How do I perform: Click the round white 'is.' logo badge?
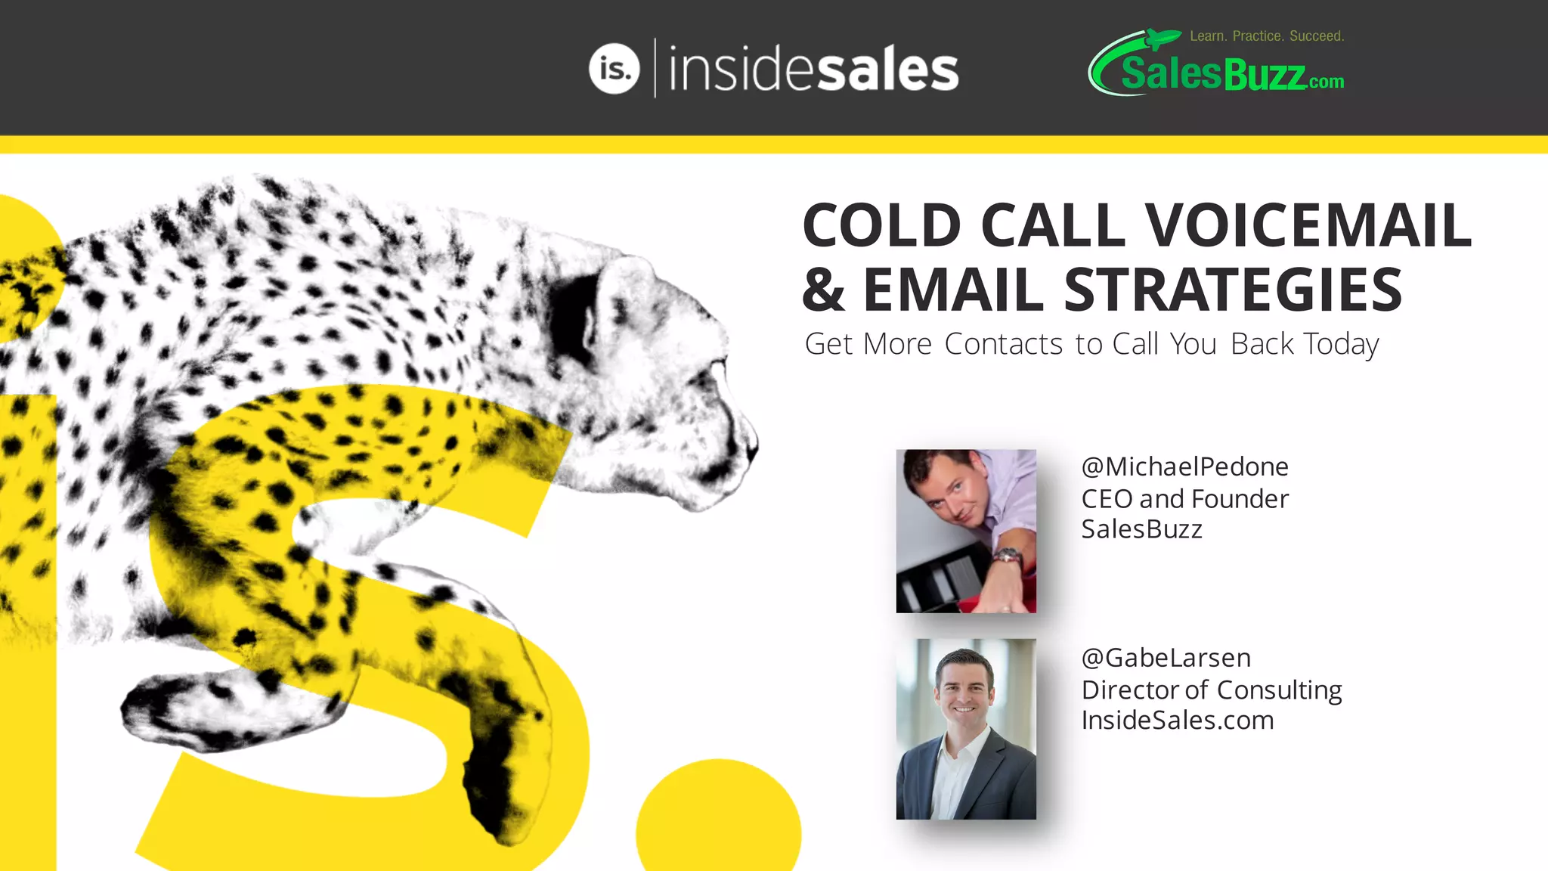(x=614, y=69)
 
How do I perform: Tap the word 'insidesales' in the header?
(x=813, y=69)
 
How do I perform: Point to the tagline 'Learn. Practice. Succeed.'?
(x=1267, y=36)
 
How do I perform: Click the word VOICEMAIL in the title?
(x=1308, y=225)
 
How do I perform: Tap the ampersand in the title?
(x=823, y=290)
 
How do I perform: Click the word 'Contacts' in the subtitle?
(x=1004, y=344)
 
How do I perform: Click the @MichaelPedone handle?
(x=1184, y=467)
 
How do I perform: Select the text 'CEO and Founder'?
(x=1184, y=499)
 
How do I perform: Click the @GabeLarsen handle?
(x=1166, y=658)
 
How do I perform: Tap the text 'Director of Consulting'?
(x=1211, y=690)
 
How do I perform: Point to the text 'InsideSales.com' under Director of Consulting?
(x=1177, y=721)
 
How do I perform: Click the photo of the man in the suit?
(x=966, y=729)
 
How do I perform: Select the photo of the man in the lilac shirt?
(x=966, y=531)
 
